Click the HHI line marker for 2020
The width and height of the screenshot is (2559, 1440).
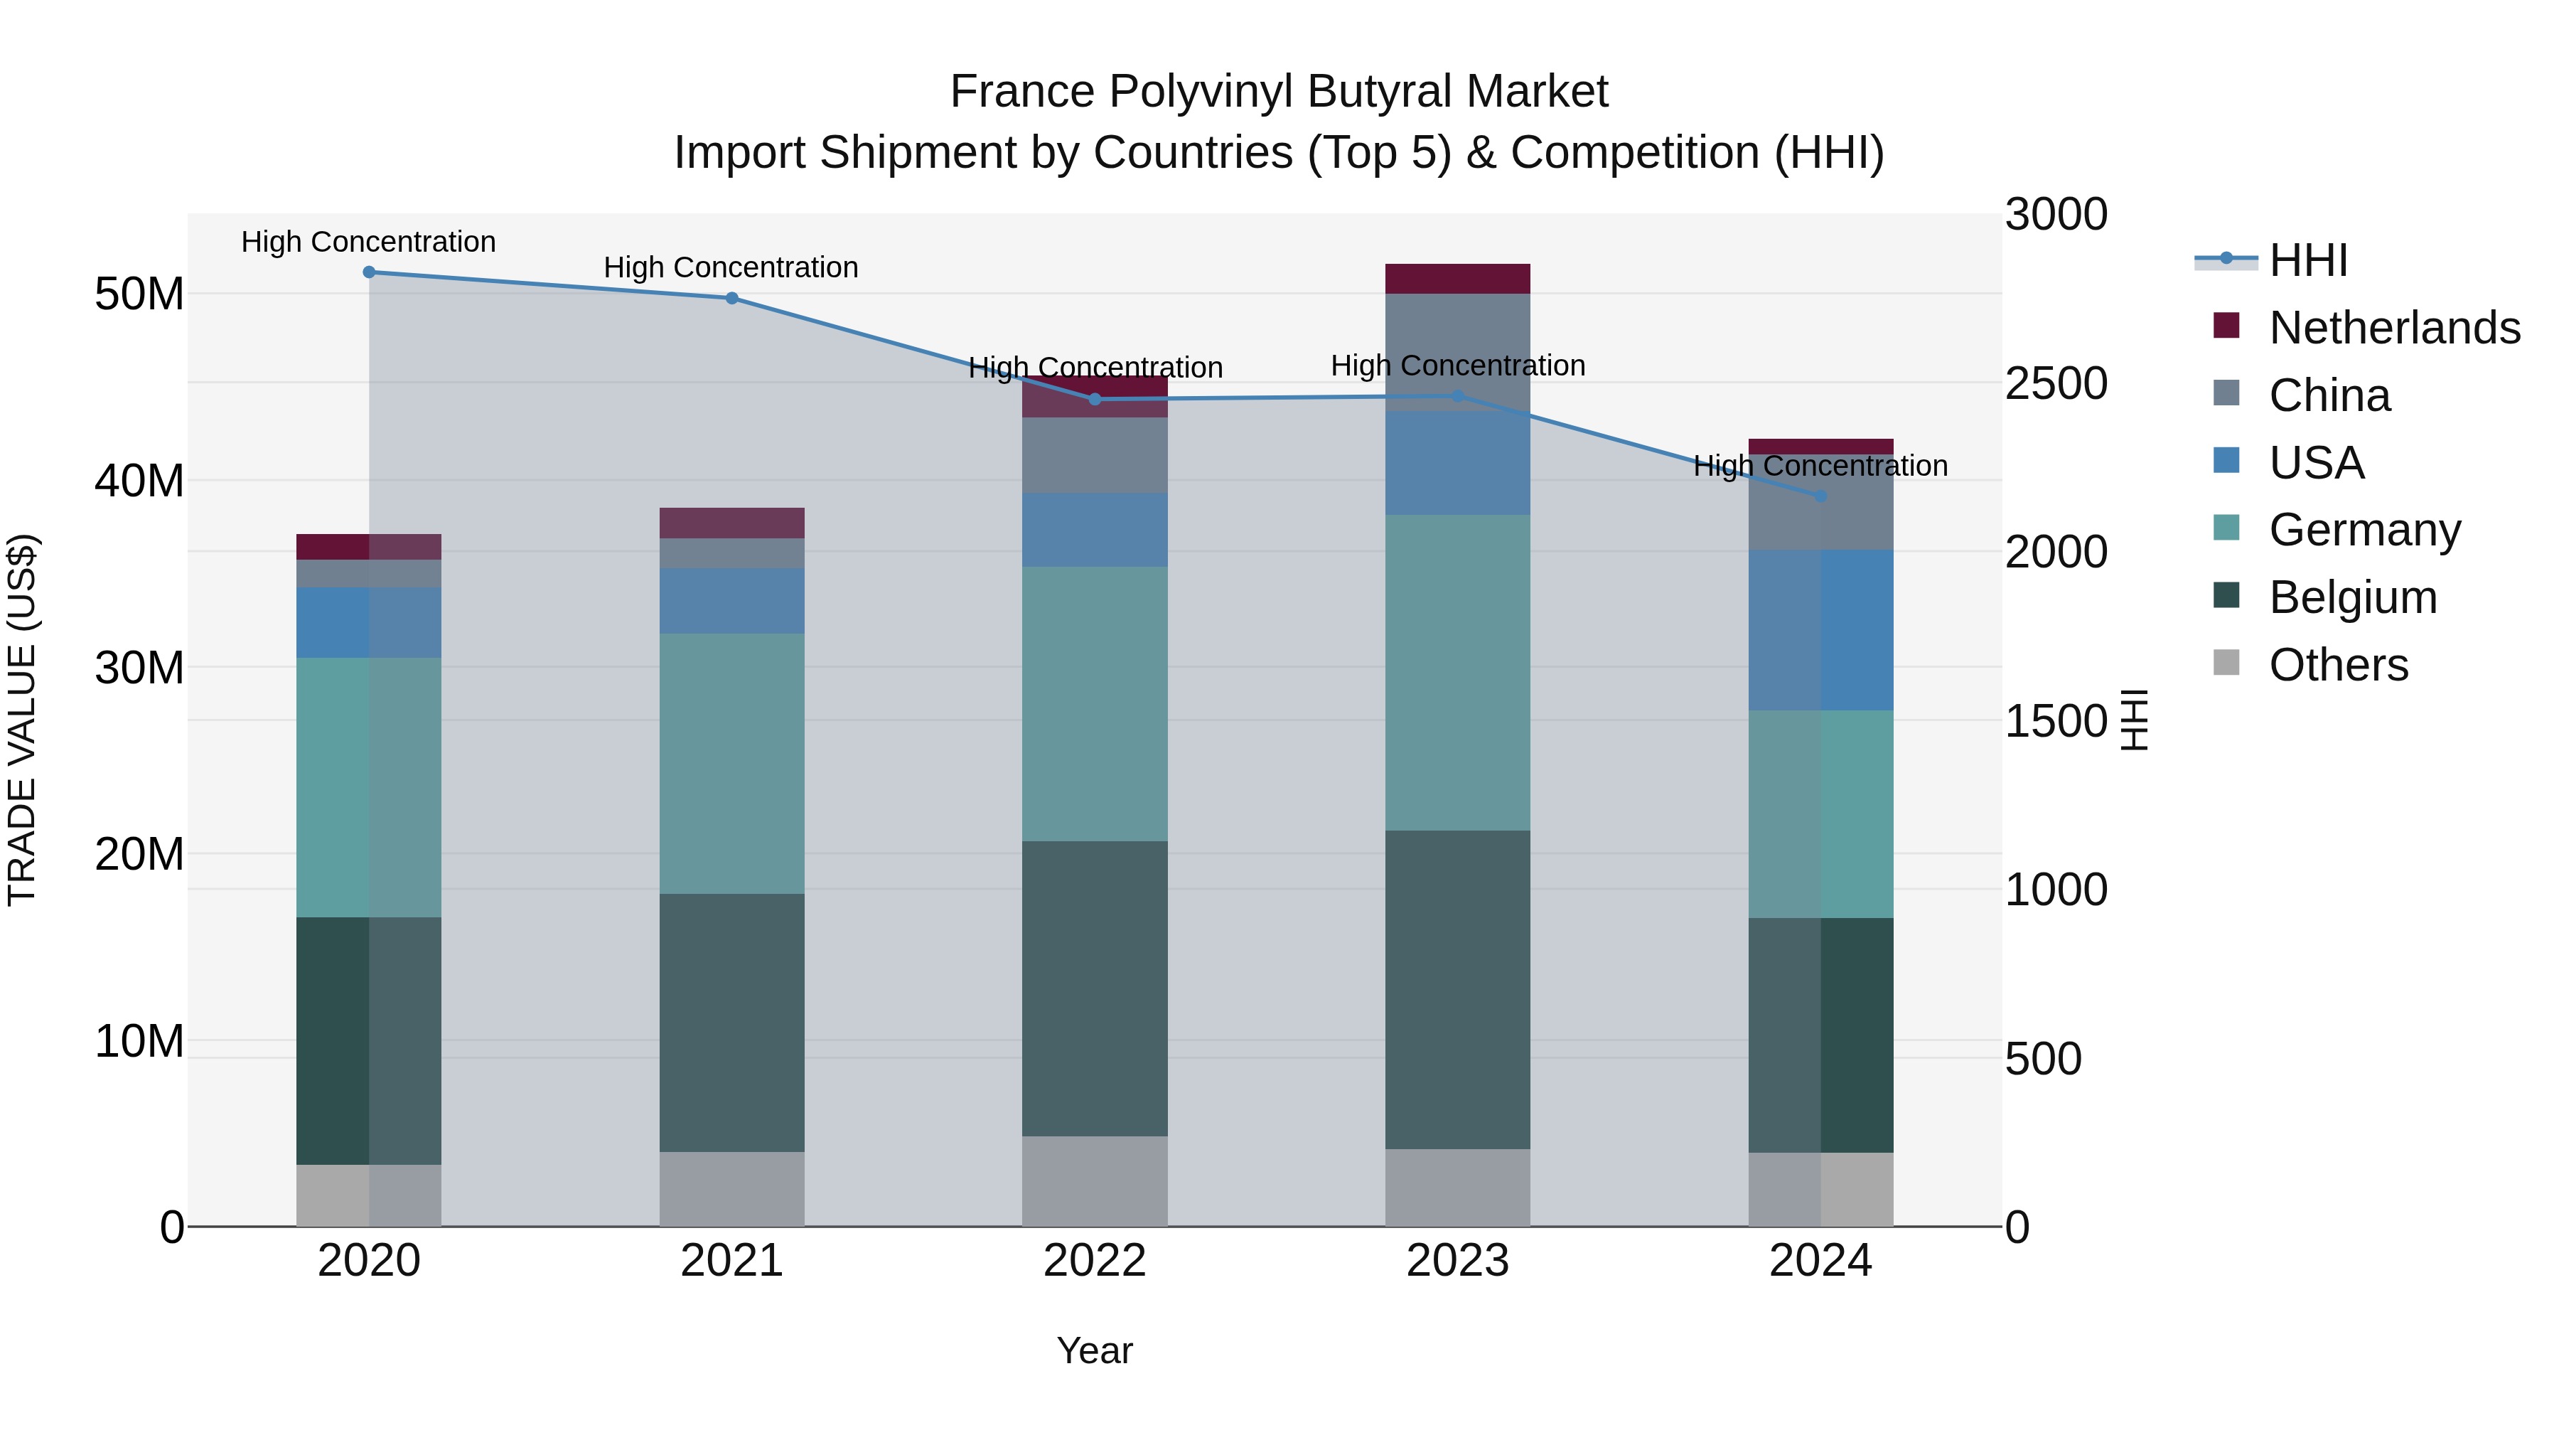pyautogui.click(x=368, y=272)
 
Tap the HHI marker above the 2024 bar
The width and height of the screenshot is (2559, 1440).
pyautogui.click(x=1820, y=496)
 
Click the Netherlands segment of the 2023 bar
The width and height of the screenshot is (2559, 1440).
pyautogui.click(x=1457, y=278)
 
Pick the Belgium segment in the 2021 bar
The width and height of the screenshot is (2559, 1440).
pyautogui.click(x=732, y=1022)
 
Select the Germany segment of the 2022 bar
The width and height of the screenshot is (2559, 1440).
pyautogui.click(x=1095, y=703)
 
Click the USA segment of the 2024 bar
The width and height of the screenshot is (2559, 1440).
pyautogui.click(x=1820, y=629)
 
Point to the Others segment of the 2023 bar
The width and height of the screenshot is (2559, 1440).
pyautogui.click(x=1457, y=1187)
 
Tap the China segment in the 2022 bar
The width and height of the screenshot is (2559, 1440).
pyautogui.click(x=1095, y=455)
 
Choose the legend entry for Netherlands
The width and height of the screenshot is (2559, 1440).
pyautogui.click(x=2394, y=328)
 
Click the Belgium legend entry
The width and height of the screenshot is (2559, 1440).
pyautogui.click(x=2352, y=597)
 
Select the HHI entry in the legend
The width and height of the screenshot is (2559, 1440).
pyautogui.click(x=2307, y=260)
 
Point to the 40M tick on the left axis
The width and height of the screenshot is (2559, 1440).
pyautogui.click(x=139, y=481)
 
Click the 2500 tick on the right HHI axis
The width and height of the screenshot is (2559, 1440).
pyautogui.click(x=2055, y=383)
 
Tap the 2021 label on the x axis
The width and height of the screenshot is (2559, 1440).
pyautogui.click(x=732, y=1261)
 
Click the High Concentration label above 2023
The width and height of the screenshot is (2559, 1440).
pyautogui.click(x=1457, y=366)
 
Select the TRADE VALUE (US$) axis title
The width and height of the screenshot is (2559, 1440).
pyautogui.click(x=22, y=720)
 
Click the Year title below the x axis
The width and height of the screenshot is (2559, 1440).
pyautogui.click(x=1095, y=1350)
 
